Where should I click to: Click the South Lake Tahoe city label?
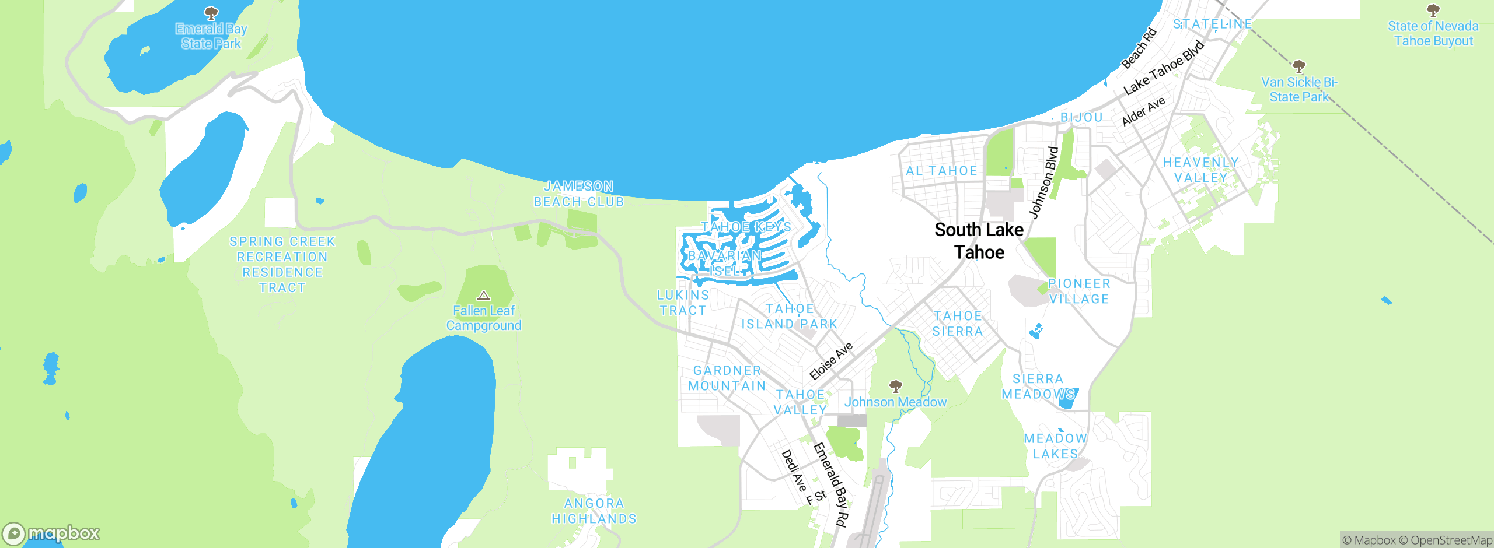click(979, 241)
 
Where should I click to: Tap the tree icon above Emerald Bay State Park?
click(211, 12)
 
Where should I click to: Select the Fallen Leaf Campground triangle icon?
click(484, 296)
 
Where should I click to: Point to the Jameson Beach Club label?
click(578, 194)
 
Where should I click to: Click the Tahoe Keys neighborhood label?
click(746, 227)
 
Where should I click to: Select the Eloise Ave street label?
click(831, 361)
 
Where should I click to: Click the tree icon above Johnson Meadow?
click(895, 385)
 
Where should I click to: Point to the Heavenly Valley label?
click(1200, 170)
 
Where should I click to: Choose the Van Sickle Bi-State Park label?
click(1299, 90)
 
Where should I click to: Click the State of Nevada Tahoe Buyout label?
click(1433, 34)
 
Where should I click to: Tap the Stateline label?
click(1212, 24)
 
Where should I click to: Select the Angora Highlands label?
click(594, 511)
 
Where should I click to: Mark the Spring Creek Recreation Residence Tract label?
click(282, 265)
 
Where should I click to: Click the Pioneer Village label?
click(1079, 291)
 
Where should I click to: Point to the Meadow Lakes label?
click(1056, 446)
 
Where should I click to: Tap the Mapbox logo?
click(51, 533)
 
